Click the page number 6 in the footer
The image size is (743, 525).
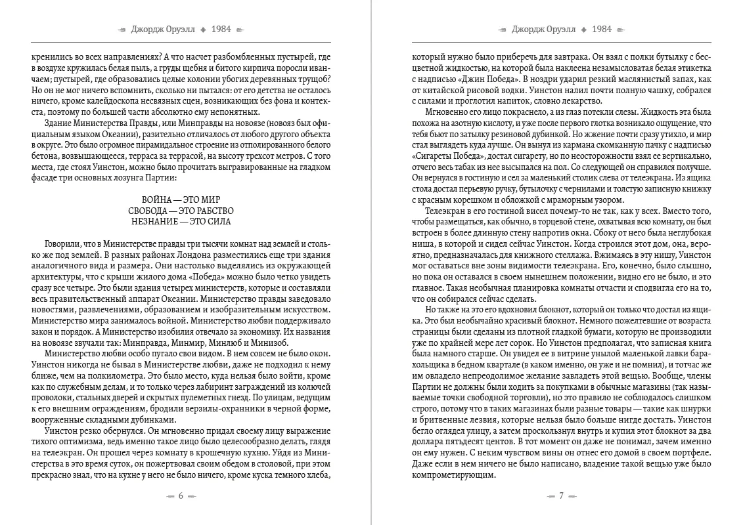(x=181, y=496)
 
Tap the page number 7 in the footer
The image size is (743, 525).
(x=562, y=496)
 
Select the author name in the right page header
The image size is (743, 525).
(x=544, y=29)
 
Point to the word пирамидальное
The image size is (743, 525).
(x=147, y=144)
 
